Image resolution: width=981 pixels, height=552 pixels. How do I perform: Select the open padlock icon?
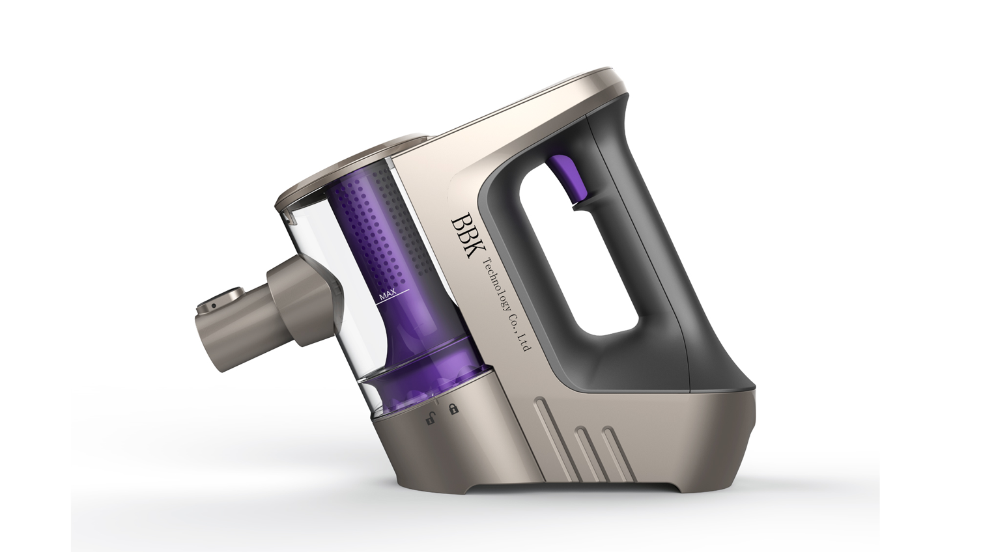tap(431, 419)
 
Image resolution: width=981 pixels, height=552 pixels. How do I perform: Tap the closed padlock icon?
tap(453, 409)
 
